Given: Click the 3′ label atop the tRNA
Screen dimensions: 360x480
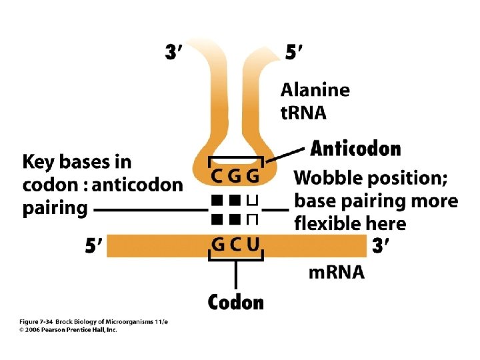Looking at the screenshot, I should (176, 51).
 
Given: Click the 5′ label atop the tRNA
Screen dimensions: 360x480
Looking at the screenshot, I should (296, 51).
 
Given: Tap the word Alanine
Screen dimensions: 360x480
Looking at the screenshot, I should (315, 89).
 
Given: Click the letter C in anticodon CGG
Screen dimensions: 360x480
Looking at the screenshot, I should (218, 177).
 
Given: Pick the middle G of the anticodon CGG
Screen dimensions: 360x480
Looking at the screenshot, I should (235, 177).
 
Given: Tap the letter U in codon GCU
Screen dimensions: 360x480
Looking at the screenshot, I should (252, 244).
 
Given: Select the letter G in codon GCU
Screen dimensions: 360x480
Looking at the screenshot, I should (218, 244).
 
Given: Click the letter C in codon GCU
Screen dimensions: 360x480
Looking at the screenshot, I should (235, 244).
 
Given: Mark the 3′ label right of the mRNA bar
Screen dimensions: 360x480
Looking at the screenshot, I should (381, 246).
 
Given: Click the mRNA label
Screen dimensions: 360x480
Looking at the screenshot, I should (337, 272).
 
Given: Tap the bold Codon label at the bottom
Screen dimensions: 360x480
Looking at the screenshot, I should (236, 302).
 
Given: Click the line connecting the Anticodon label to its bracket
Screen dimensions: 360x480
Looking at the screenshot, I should (286, 154).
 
